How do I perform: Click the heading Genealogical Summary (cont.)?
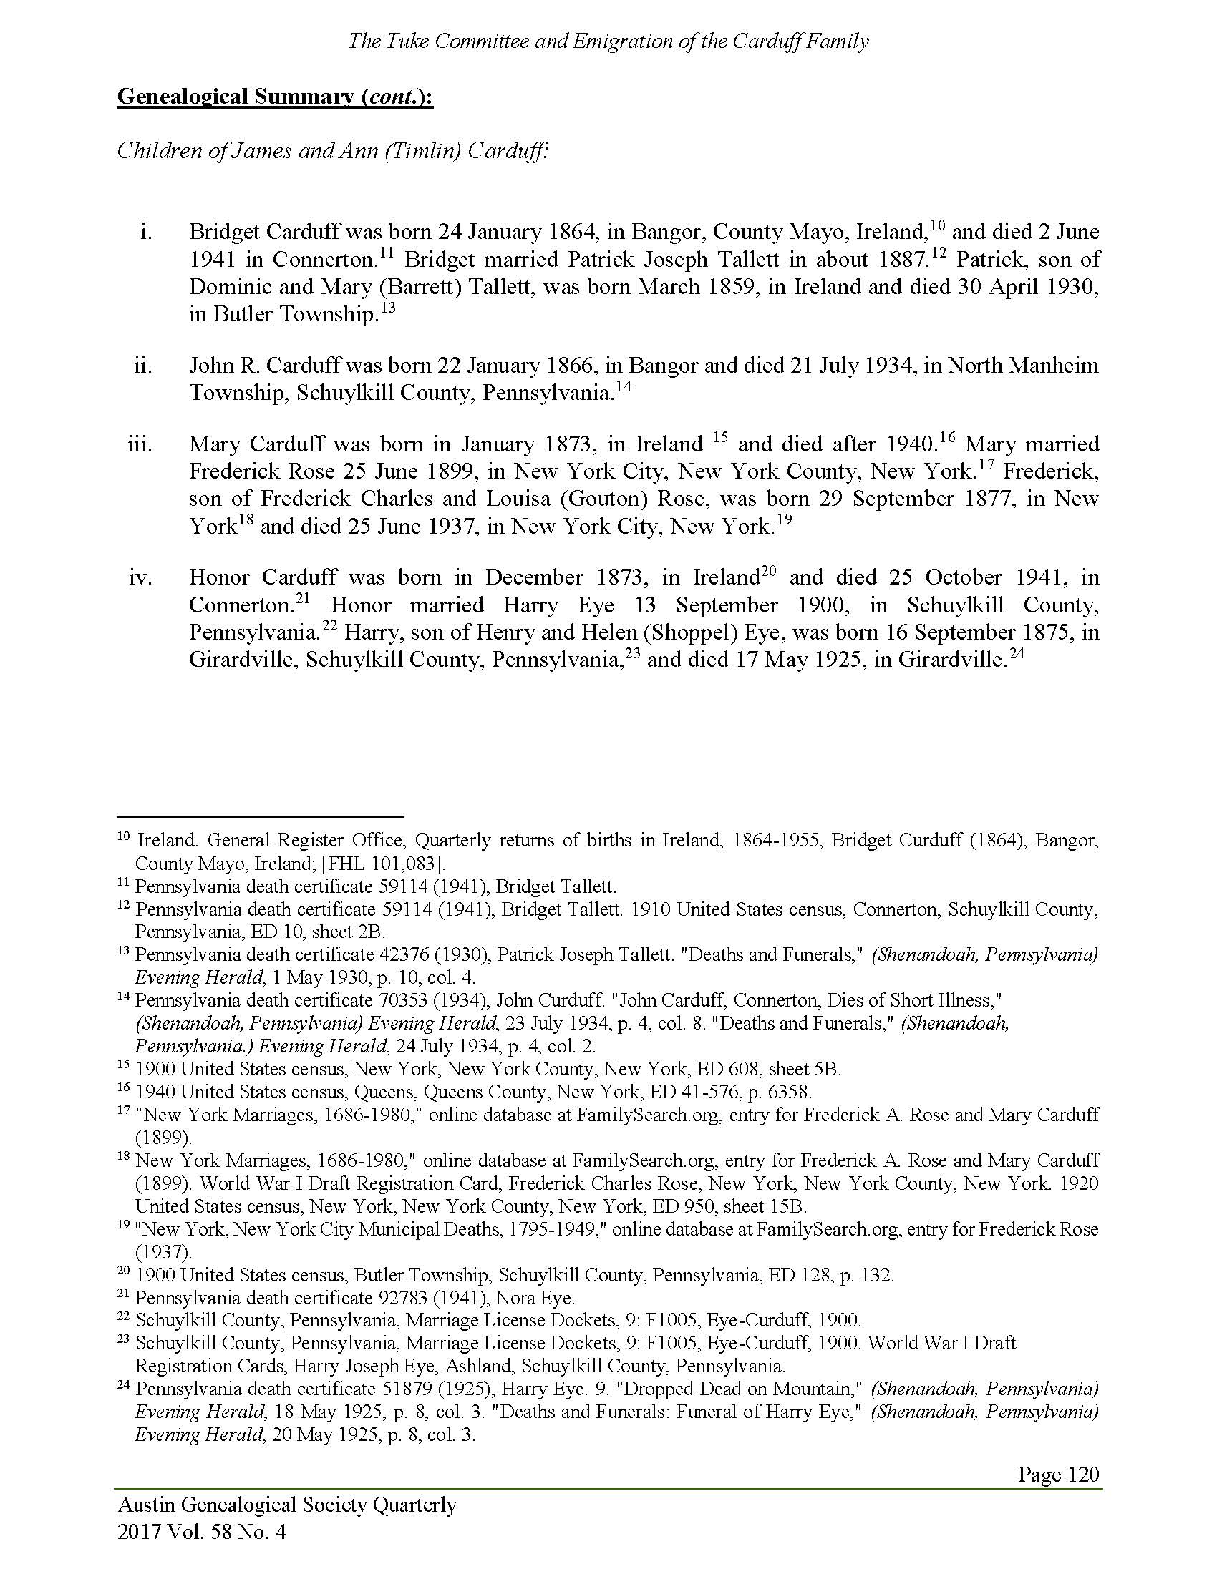click(275, 97)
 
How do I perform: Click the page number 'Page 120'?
click(1057, 1474)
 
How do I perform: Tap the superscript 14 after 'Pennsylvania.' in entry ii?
click(624, 387)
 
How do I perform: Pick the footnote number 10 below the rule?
click(123, 838)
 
